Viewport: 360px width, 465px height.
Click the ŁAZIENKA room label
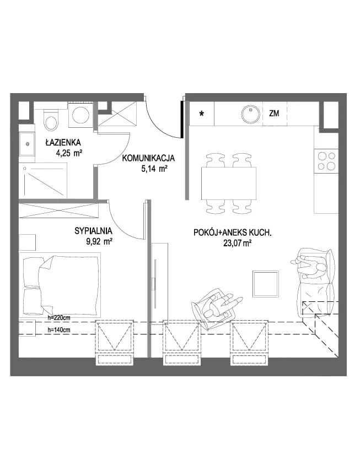[63, 142]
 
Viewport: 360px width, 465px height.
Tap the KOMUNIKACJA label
[149, 158]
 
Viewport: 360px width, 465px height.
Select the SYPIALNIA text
[93, 231]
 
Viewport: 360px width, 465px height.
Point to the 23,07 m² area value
[238, 244]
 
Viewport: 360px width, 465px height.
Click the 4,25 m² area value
[68, 153]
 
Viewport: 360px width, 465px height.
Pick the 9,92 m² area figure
[99, 241]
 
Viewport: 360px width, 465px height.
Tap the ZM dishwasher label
[274, 113]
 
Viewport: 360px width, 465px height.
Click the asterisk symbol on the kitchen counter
[202, 113]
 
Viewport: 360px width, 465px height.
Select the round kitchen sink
[250, 114]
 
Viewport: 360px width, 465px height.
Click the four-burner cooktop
[326, 161]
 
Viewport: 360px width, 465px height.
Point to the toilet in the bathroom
[51, 120]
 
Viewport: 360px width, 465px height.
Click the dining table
[229, 183]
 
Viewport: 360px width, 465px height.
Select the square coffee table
[266, 284]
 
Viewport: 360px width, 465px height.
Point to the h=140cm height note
[59, 329]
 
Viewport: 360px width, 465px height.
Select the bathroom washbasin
[27, 144]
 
